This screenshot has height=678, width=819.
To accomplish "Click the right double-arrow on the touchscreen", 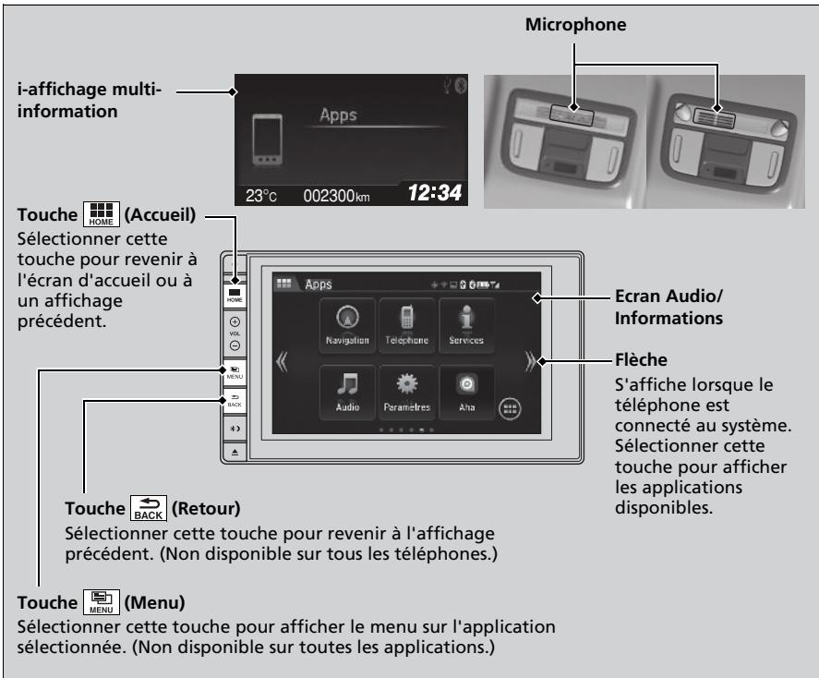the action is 530,361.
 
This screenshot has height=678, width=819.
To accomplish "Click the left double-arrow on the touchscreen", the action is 282,361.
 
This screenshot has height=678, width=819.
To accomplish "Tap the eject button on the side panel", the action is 235,452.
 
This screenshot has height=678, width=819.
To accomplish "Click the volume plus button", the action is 235,321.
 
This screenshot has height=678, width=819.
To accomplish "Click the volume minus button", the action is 235,345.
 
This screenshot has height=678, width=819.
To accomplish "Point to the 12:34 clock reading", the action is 435,193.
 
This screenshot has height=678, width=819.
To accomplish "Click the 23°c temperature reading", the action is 261,195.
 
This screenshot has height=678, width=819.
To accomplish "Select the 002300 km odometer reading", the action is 336,195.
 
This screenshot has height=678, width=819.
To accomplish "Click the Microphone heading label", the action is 575,25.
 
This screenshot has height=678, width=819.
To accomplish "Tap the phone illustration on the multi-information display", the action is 268,139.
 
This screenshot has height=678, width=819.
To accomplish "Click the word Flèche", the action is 641,360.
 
